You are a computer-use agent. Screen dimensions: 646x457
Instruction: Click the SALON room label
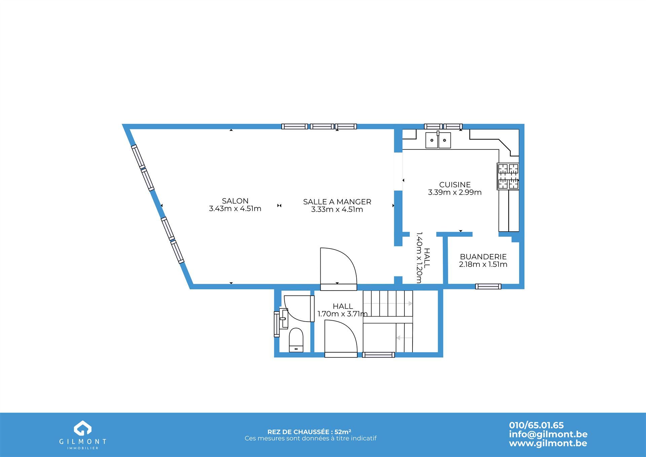point(235,201)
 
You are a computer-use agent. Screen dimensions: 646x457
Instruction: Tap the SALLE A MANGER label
point(337,202)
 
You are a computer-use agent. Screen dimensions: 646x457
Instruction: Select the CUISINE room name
point(455,185)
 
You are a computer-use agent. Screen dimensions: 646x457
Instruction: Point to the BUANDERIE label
point(483,257)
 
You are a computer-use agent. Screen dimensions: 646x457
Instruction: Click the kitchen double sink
point(438,140)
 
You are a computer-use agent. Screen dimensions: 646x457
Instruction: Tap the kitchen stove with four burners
point(508,176)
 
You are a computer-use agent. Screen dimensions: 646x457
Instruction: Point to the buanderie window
point(488,287)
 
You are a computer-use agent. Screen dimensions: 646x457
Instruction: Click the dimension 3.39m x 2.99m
point(455,192)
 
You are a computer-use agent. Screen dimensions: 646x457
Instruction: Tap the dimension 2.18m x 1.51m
point(483,264)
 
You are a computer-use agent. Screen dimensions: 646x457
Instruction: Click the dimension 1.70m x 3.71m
point(343,314)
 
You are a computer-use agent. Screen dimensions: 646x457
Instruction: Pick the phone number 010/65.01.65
point(536,425)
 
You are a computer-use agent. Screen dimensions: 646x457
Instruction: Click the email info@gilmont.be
point(548,434)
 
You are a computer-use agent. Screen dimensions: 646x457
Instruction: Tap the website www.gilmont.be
point(548,443)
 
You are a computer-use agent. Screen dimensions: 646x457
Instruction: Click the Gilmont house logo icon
point(83,428)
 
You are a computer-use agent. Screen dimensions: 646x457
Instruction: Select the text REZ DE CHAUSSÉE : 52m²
point(310,432)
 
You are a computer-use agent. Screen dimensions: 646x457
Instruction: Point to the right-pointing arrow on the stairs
point(388,303)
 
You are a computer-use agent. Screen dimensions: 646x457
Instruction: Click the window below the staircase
point(379,355)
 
